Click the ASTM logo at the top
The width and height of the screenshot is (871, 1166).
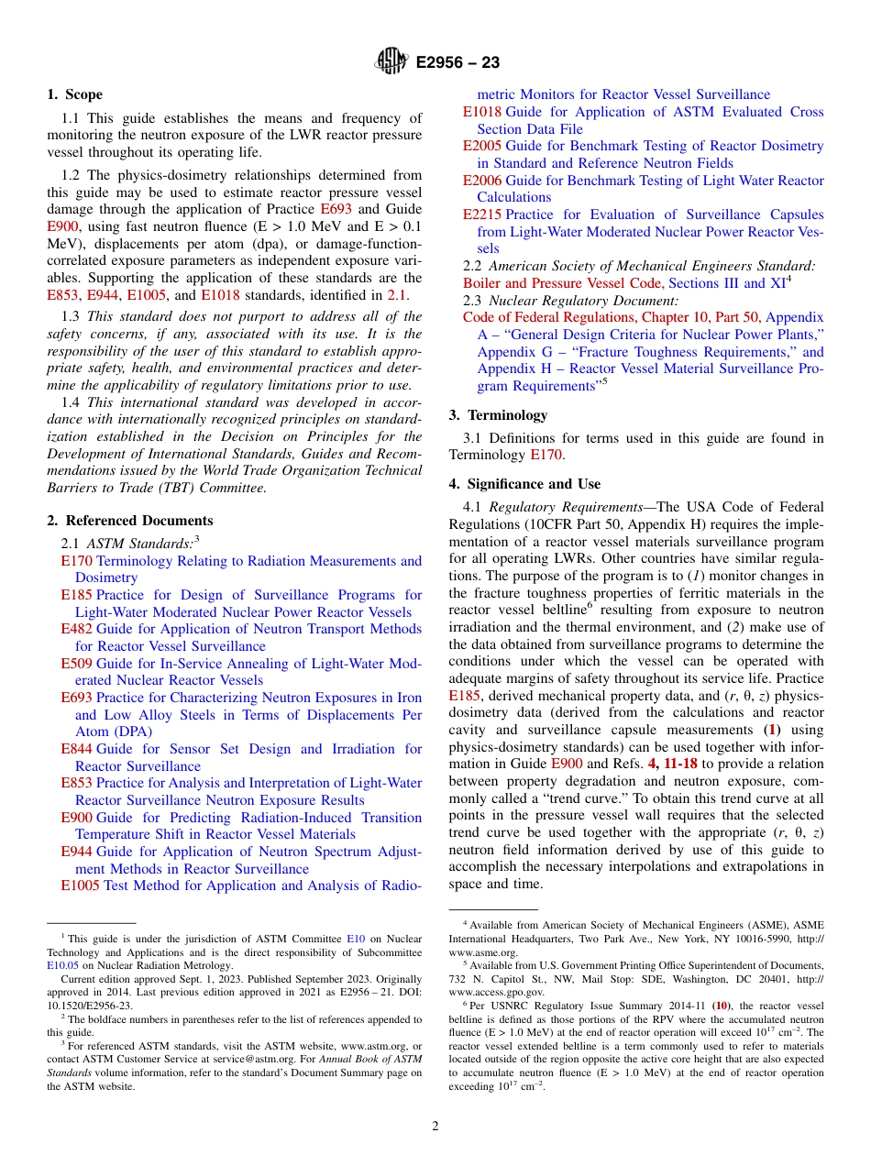click(392, 61)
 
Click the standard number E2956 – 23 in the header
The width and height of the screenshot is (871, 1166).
click(458, 62)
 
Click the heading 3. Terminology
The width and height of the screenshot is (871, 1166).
click(492, 415)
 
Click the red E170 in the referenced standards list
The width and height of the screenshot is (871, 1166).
click(76, 561)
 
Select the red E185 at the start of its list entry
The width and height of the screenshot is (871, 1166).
click(76, 595)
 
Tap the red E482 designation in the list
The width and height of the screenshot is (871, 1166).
click(76, 629)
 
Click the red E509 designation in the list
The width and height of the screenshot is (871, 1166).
click(76, 663)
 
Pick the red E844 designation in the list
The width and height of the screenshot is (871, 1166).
click(76, 749)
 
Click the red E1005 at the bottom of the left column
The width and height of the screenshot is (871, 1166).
click(80, 885)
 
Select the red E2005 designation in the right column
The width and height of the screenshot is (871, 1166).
click(481, 146)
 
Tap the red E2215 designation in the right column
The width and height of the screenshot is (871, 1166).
click(481, 214)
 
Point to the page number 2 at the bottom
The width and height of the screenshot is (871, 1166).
click(435, 1126)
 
